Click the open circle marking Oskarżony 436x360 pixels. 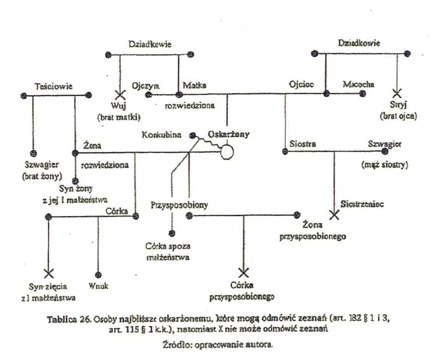pyautogui.click(x=227, y=152)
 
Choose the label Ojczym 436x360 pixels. pyautogui.click(x=146, y=85)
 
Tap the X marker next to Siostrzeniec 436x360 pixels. pyautogui.click(x=335, y=215)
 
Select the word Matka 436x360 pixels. pyautogui.click(x=195, y=85)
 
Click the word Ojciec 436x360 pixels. pyautogui.click(x=301, y=85)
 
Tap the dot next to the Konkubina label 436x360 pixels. pyautogui.click(x=192, y=135)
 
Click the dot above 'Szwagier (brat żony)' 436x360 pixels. pyautogui.click(x=33, y=152)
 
